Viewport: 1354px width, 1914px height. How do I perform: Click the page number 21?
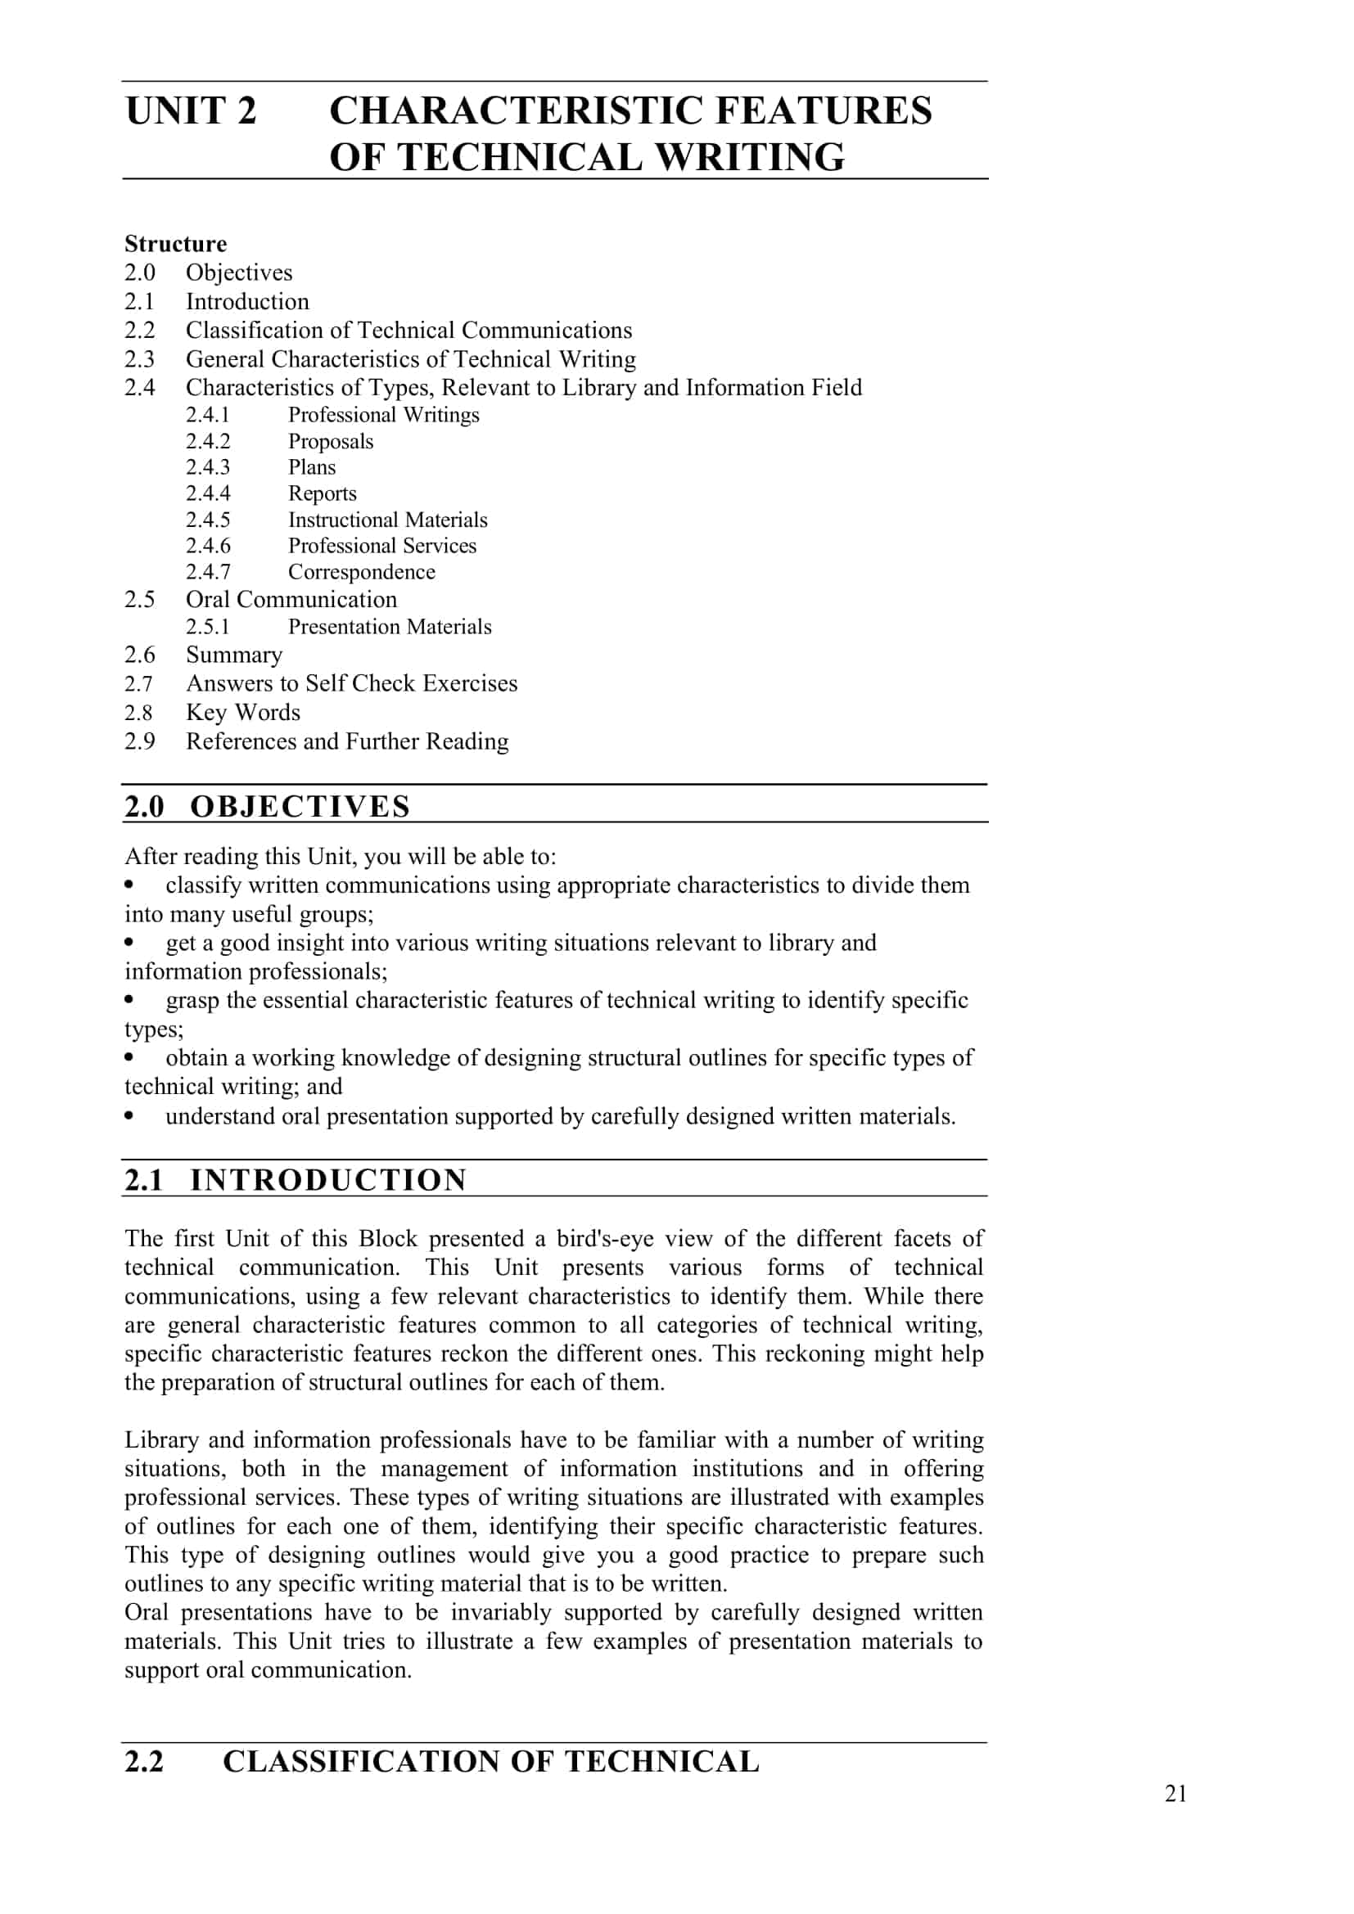click(x=1176, y=1793)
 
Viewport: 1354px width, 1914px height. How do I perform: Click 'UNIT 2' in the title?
click(x=191, y=110)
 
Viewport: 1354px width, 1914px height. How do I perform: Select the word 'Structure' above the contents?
click(x=175, y=243)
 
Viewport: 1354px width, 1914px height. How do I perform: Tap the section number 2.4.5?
click(x=208, y=520)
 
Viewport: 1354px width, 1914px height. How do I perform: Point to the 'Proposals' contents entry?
click(x=330, y=441)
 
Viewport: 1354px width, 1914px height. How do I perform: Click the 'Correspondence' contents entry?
click(x=361, y=572)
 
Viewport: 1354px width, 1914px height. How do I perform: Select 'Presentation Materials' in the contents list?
click(x=390, y=626)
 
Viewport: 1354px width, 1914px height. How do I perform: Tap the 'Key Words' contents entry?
click(x=242, y=712)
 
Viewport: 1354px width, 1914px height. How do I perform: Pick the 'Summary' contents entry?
click(x=233, y=655)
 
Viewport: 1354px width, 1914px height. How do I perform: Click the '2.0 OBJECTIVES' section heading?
click(x=267, y=806)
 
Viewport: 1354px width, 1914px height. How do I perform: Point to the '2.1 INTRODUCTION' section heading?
click(x=296, y=1180)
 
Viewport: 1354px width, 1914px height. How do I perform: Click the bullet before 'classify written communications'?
click(x=129, y=884)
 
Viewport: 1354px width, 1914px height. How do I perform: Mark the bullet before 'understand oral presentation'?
click(x=129, y=1115)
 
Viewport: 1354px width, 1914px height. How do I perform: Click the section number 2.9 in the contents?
click(x=139, y=741)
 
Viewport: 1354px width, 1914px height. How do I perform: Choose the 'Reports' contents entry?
click(x=322, y=493)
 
